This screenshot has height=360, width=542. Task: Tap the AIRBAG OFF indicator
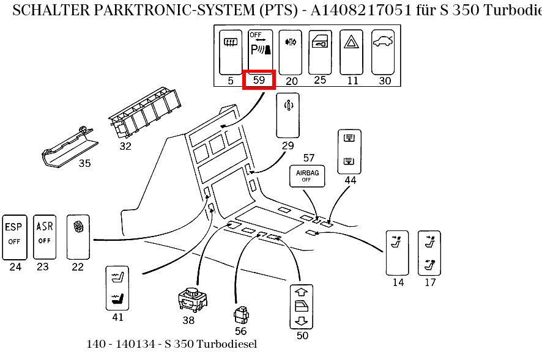coord(308,176)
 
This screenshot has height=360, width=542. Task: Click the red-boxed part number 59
coord(259,80)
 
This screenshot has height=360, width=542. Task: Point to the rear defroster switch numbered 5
coord(231,51)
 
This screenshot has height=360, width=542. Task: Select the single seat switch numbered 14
coord(397,252)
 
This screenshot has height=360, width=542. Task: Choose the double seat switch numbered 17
coord(429,252)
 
